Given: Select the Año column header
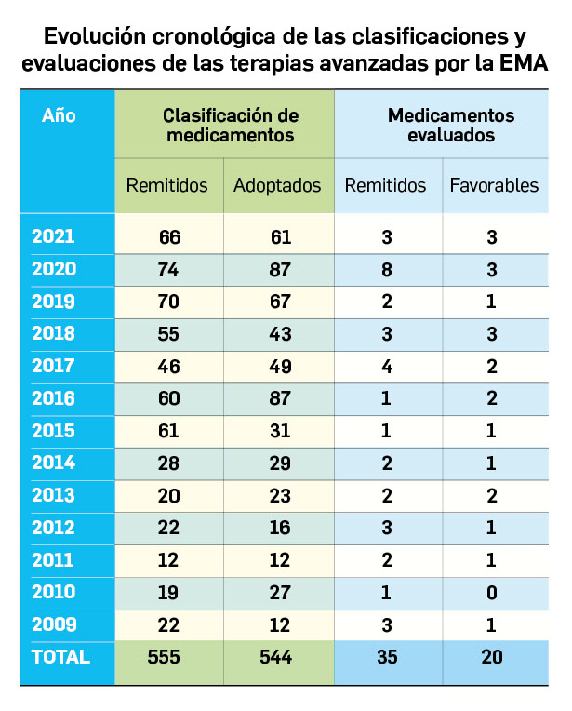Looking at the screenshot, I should [59, 116].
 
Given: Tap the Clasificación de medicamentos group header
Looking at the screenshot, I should [224, 125].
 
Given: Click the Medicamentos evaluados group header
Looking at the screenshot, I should [442, 125].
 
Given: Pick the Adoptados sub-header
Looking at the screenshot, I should [277, 185].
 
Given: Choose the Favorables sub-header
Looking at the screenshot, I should [494, 185].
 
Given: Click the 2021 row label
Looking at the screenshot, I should [53, 236].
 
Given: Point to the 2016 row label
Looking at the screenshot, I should [53, 399].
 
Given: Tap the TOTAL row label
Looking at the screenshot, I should [60, 656].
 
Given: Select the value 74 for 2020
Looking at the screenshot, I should [169, 270].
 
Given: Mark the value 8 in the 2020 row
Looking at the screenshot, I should [386, 270].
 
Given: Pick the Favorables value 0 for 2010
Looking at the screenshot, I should [493, 593].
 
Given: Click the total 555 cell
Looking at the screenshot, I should [169, 657].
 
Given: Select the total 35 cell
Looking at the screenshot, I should [386, 657].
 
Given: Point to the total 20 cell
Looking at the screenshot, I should [493, 657].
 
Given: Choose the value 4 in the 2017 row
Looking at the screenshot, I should [386, 367].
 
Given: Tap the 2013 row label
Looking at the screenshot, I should [53, 496].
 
